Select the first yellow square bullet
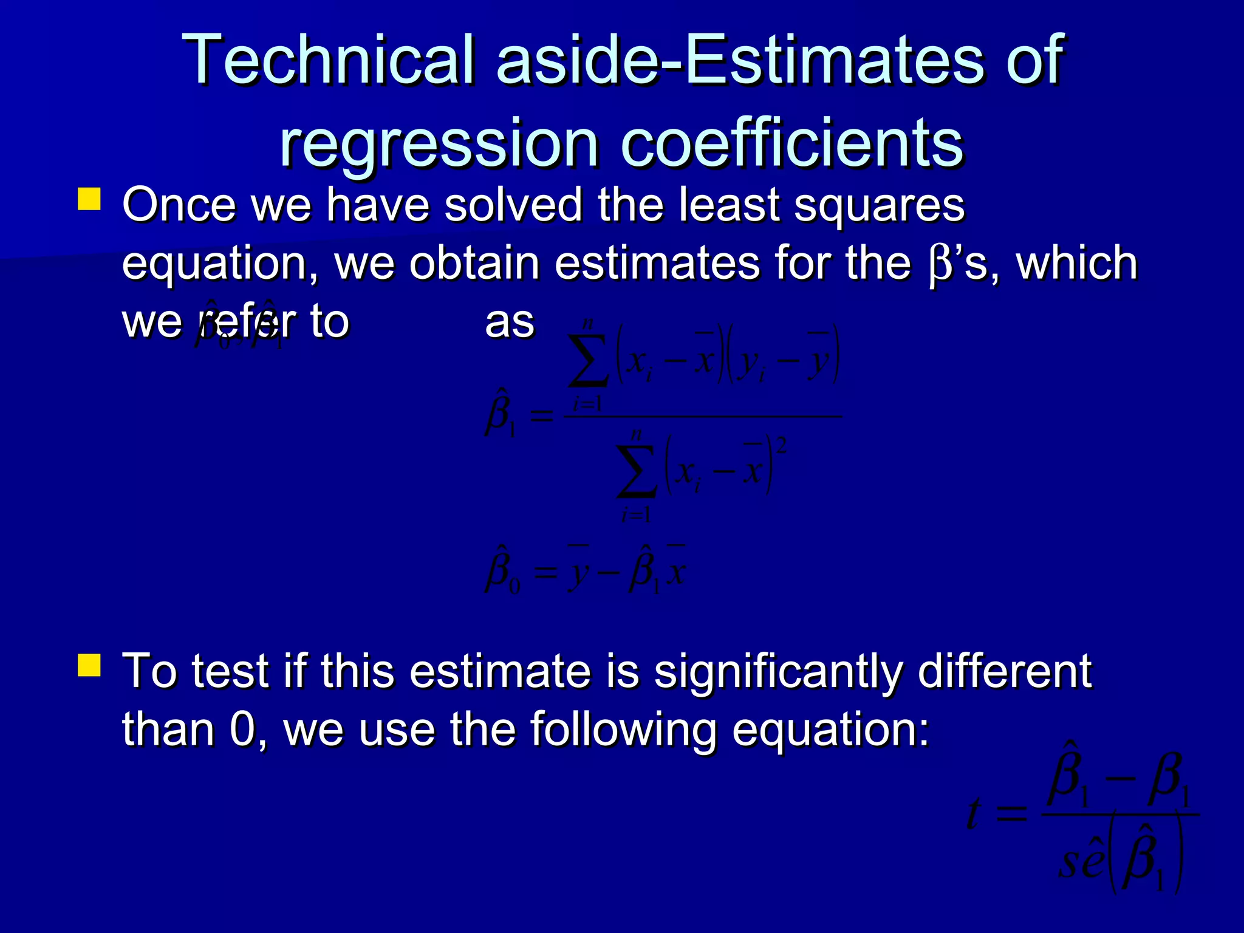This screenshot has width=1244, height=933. click(89, 199)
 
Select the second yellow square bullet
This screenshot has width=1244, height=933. click(89, 665)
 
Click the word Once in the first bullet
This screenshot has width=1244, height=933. click(179, 205)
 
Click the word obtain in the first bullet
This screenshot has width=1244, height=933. click(474, 264)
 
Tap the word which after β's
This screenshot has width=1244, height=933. click(1076, 264)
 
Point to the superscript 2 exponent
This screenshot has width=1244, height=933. click(781, 446)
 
